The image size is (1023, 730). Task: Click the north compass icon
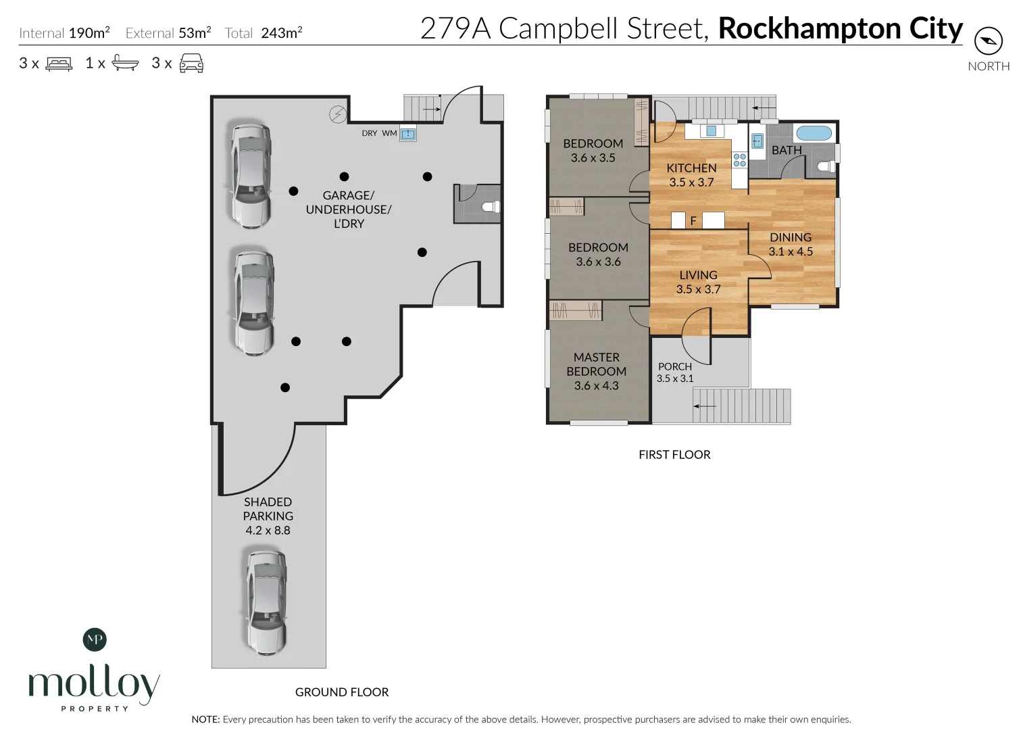[x=989, y=41]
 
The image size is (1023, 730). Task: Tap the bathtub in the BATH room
[x=814, y=133]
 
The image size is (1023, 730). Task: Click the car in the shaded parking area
[x=267, y=604]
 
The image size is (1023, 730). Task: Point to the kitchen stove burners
[x=739, y=160]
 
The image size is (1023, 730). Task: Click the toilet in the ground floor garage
[x=491, y=207]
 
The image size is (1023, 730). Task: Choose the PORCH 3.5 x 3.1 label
[x=675, y=372]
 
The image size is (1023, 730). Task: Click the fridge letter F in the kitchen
[x=693, y=221]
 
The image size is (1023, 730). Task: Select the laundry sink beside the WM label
[x=408, y=135]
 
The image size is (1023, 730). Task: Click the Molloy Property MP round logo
[x=95, y=639]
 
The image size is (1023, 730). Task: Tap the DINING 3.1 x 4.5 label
[x=791, y=245]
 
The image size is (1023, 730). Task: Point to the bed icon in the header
[x=59, y=64]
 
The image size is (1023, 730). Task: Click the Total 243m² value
[x=282, y=32]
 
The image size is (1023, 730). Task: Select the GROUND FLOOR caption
[x=342, y=692]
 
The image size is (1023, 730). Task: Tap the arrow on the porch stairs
[x=705, y=406]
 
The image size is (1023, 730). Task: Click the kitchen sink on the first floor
[x=711, y=131]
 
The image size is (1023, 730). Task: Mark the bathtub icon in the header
[x=125, y=63]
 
